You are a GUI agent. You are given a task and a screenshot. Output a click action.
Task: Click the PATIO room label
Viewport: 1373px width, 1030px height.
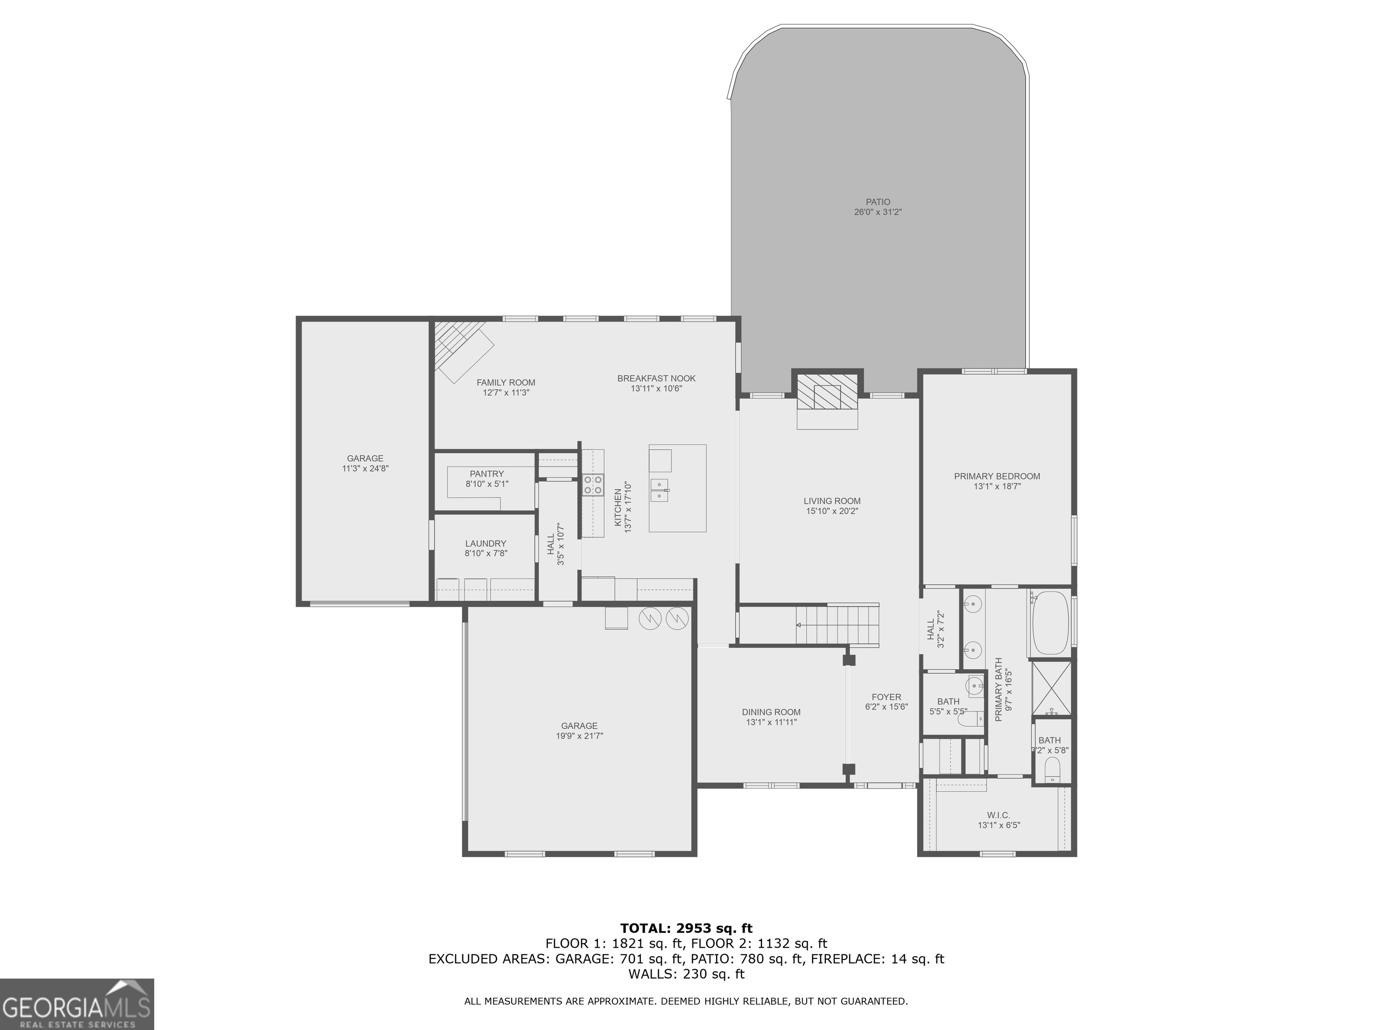point(878,202)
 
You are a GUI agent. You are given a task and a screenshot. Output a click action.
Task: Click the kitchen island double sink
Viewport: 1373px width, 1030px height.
point(659,490)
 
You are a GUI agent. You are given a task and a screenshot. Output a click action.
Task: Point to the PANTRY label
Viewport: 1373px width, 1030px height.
point(487,474)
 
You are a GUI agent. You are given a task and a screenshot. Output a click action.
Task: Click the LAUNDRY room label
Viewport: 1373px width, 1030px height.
point(485,543)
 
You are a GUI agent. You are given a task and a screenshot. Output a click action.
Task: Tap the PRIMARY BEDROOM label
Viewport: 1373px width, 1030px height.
point(997,476)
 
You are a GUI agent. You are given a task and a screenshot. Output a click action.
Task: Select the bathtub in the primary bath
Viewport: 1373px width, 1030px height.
point(1049,623)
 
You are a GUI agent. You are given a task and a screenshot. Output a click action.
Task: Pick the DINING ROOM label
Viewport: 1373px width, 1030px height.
point(771,712)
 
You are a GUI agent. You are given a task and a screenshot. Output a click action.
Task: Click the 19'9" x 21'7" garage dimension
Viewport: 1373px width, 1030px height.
point(579,736)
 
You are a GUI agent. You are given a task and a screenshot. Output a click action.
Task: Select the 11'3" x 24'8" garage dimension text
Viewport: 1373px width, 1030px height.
point(365,469)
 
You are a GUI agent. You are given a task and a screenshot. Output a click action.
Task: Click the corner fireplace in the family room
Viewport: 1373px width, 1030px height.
point(463,351)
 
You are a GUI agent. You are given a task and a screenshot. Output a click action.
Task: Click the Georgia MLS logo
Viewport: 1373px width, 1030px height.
point(76,1004)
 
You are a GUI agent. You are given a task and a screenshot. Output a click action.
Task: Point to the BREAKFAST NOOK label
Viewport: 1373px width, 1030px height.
point(656,378)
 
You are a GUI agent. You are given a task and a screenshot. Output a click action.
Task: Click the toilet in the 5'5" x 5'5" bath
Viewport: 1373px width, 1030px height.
point(971,719)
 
